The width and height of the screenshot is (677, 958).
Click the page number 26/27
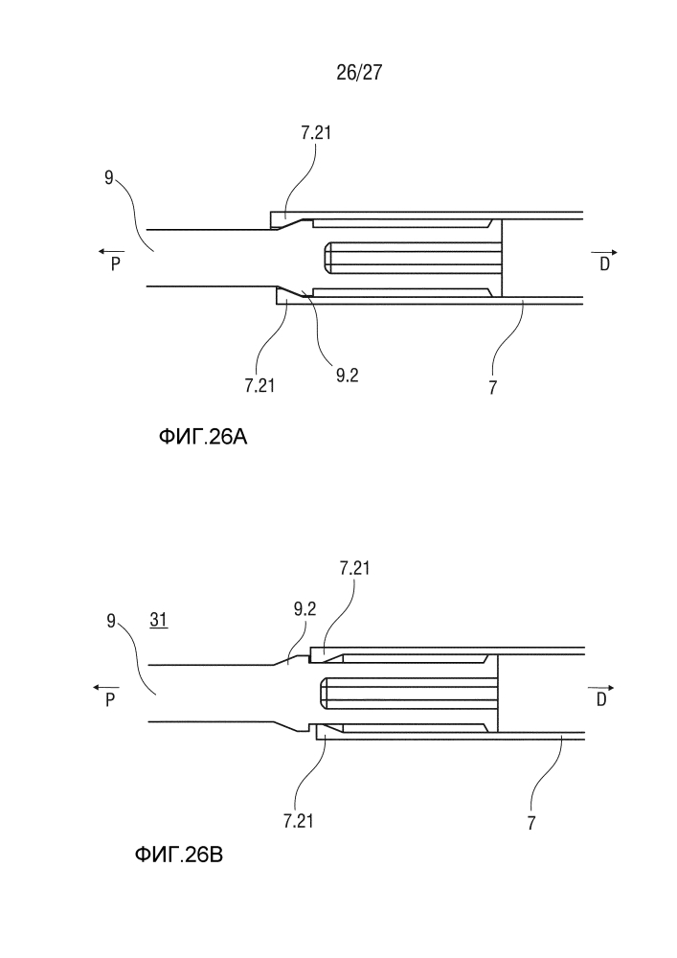[x=359, y=73]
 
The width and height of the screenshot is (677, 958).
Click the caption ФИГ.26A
[x=203, y=437]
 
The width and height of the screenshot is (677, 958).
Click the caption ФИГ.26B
[x=178, y=855]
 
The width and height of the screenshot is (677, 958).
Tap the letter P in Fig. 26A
[x=115, y=264]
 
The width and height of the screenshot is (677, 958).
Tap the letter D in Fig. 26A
[x=604, y=264]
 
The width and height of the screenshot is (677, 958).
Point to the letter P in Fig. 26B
[x=110, y=700]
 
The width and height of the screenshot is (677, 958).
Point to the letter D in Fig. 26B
[x=601, y=700]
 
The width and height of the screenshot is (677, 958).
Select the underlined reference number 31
[x=159, y=620]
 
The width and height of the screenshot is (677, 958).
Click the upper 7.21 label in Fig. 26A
[x=316, y=132]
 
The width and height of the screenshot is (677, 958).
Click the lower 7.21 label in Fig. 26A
[x=260, y=385]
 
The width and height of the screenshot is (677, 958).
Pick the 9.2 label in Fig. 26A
[x=347, y=376]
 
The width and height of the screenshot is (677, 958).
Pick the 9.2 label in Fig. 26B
[x=305, y=608]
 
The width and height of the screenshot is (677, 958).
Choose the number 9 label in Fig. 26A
[x=108, y=178]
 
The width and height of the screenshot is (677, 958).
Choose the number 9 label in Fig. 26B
[x=111, y=622]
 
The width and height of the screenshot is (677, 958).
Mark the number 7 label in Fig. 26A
[x=492, y=387]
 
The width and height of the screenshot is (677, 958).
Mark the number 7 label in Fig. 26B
[x=531, y=823]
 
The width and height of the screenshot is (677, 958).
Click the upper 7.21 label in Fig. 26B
[x=354, y=568]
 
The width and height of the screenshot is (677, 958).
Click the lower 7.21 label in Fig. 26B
[x=298, y=821]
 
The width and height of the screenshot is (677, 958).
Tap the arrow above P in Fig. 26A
[x=111, y=252]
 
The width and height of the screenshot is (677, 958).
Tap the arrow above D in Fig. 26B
[x=601, y=688]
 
